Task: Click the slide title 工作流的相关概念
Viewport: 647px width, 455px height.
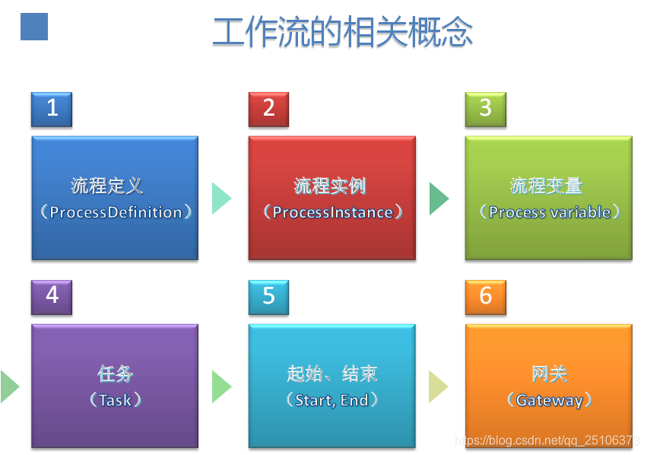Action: [x=342, y=32]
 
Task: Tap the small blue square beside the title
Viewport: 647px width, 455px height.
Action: [x=34, y=27]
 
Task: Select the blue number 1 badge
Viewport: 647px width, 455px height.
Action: [x=52, y=110]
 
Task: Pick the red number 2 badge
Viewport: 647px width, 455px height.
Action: [x=268, y=110]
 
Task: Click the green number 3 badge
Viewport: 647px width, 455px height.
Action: [x=486, y=110]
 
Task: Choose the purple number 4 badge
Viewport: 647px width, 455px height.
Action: [x=52, y=297]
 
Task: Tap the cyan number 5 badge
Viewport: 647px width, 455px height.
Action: [x=268, y=297]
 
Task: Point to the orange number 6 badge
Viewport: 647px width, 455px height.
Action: [x=486, y=297]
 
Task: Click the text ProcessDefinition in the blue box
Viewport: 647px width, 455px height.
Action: [x=116, y=212]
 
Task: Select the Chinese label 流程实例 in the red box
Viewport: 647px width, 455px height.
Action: [x=330, y=186]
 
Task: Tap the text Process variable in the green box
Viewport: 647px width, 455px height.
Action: [x=550, y=212]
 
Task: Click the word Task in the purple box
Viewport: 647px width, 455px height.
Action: [x=116, y=400]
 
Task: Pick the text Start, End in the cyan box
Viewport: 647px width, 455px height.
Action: [x=331, y=400]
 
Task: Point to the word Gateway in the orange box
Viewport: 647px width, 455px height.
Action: [x=550, y=400]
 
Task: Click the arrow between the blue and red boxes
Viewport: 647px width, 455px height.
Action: [x=222, y=199]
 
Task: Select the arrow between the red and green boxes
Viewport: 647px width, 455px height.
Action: [x=439, y=199]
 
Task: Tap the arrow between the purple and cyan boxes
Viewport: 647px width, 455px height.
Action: [x=222, y=387]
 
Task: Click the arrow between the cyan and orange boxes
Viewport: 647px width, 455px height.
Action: [x=439, y=387]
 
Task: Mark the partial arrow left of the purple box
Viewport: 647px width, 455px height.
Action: [x=9, y=387]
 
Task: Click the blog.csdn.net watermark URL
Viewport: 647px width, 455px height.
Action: [x=547, y=440]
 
